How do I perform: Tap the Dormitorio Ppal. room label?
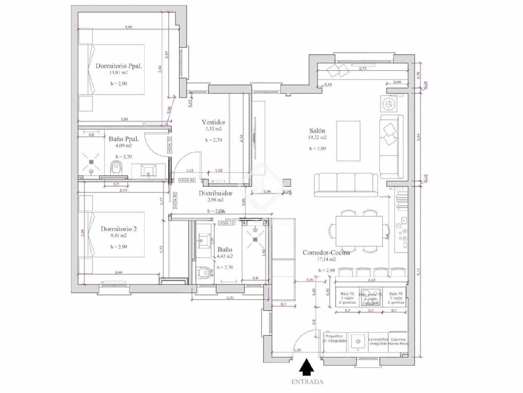[x=119, y=66]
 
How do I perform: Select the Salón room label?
[x=317, y=130]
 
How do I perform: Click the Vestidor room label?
[x=213, y=122]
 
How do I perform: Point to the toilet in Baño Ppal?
[x=116, y=168]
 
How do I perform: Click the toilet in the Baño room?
[x=204, y=272]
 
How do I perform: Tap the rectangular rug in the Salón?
[x=348, y=141]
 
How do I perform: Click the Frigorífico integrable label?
[x=334, y=338]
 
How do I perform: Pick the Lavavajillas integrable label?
[x=378, y=342]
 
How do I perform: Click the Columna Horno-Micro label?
[x=398, y=342]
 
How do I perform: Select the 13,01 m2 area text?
[x=118, y=73]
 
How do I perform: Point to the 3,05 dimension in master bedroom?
[x=128, y=27]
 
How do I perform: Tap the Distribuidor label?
[x=215, y=193]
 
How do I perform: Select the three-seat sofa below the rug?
[x=346, y=185]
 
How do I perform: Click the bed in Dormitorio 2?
[x=112, y=234]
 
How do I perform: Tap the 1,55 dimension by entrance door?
[x=297, y=350]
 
